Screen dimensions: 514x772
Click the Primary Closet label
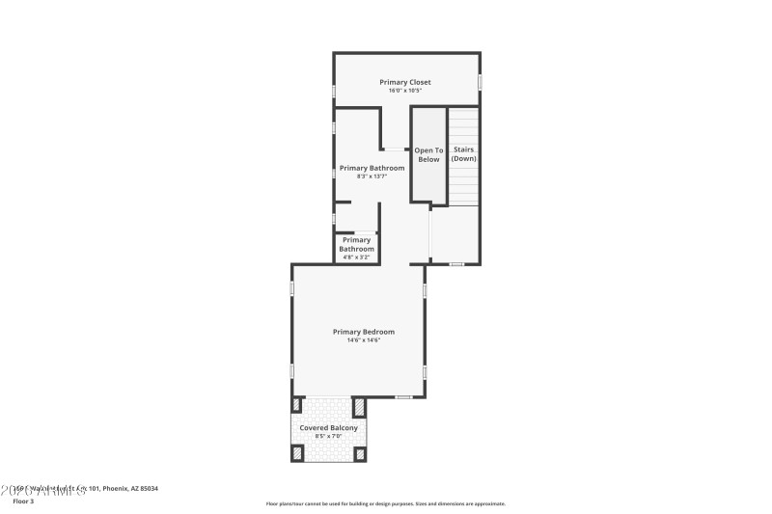405,82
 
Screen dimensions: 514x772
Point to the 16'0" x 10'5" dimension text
405,91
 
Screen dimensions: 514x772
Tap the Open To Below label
428,154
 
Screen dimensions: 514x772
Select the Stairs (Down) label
464,154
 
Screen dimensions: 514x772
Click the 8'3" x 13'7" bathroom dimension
372,176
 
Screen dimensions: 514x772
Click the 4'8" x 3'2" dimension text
355,257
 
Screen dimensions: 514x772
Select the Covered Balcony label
329,427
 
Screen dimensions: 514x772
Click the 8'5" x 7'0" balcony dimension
329,437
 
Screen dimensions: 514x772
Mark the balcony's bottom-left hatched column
297,453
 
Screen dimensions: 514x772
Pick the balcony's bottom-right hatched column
360,453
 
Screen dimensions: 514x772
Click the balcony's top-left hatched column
297,405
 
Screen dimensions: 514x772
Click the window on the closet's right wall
480,83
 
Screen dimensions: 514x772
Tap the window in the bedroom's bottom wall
403,396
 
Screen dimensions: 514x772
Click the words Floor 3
22,501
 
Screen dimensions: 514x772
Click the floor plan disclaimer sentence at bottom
385,503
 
